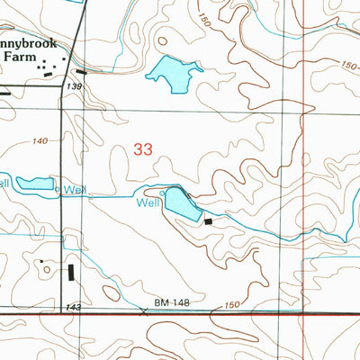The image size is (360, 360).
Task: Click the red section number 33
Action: coord(141,150)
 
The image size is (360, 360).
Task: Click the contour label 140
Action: coord(40,142)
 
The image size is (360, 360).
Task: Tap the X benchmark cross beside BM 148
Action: coord(145,311)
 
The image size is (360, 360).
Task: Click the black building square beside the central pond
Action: coord(209,220)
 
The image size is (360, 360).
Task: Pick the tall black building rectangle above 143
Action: coord(71,273)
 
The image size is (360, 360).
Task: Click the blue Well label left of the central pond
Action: coord(148,202)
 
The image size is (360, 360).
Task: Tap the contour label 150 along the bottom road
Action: coord(232,306)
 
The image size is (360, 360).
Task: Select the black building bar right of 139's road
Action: coord(81,71)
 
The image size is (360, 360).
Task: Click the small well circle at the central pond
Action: coord(163,193)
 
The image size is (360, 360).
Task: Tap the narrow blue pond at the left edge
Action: coord(34,184)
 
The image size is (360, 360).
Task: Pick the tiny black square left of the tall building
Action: coord(40,262)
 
